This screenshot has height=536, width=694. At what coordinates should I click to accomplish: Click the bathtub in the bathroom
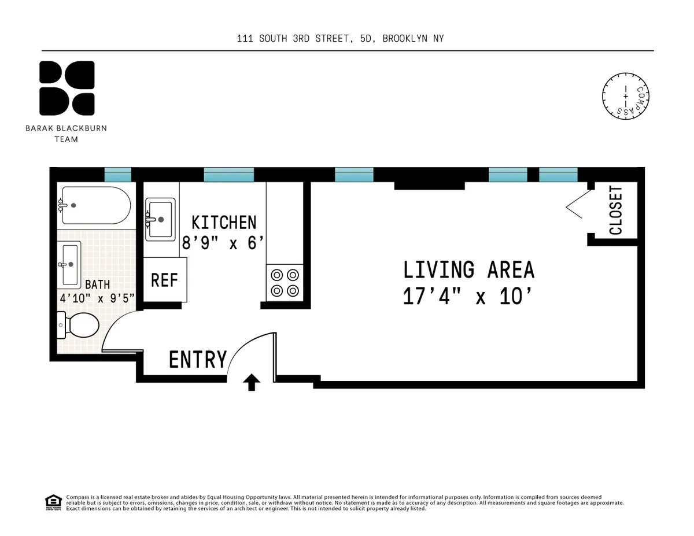pos(95,205)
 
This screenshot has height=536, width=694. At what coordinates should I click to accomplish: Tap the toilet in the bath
pos(79,326)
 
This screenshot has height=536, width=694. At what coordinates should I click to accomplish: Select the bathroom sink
pos(70,264)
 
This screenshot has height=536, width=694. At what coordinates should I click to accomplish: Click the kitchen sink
pos(160,219)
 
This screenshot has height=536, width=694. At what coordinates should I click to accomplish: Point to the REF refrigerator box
pos(164,280)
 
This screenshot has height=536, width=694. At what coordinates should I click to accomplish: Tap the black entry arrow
pos(252,382)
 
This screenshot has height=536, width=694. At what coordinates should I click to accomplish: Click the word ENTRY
pos(198,360)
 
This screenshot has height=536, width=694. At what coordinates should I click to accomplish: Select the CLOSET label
pos(616,210)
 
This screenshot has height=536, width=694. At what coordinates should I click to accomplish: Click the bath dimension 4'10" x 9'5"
pos(97,298)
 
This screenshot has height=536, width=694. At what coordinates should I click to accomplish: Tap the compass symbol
pos(625,97)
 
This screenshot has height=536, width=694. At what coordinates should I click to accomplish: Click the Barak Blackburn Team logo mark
pos(67,88)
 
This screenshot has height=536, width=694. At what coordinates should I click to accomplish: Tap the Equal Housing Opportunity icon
pos(53,502)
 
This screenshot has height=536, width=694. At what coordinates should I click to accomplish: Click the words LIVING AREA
pos(468,270)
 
